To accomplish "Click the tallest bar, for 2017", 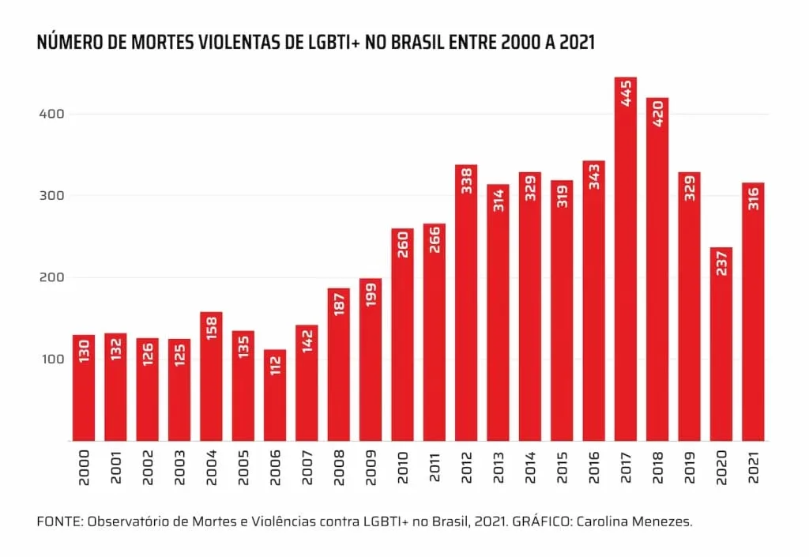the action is tap(626, 259).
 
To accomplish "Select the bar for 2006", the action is tap(275, 395).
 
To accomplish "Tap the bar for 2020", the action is tap(721, 344).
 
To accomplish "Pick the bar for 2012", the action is tap(466, 303).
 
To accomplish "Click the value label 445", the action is tap(626, 93).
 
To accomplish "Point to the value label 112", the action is tap(276, 365).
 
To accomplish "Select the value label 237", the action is tap(722, 263).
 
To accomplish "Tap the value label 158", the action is tap(212, 328).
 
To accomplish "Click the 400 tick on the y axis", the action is tap(51, 114).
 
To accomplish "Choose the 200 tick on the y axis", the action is tap(51, 277).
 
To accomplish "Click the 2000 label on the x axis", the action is tap(84, 468).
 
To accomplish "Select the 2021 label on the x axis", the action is tap(753, 468).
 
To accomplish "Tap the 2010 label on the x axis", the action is tap(403, 468).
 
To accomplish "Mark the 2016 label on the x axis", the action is tap(594, 468).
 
